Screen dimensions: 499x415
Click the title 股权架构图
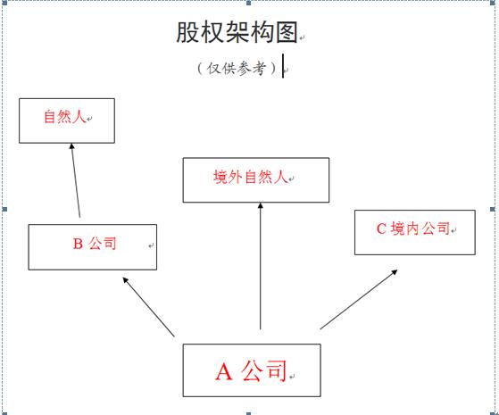coord(237,32)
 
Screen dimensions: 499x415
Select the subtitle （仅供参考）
coord(237,68)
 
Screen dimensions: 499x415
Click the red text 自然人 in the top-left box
coord(65,117)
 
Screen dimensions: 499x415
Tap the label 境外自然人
coord(251,177)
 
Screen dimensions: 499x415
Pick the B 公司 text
coord(95,244)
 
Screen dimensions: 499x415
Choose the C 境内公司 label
coord(413,228)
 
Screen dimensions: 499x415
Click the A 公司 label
coord(251,370)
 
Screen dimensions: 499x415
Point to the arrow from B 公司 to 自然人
coord(76,180)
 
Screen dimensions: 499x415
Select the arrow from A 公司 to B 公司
coord(148,307)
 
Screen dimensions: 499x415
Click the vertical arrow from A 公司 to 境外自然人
coord(261,266)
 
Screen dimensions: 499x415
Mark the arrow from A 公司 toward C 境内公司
coord(359,299)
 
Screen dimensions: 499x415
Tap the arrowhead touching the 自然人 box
coord(72,146)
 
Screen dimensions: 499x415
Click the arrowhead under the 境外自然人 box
coord(261,205)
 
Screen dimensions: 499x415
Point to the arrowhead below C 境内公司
coord(395,272)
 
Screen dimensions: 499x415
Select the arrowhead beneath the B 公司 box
coord(125,280)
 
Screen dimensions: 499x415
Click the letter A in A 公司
coord(224,372)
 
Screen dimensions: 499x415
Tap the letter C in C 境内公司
coord(381,228)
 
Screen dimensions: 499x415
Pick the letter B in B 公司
coord(78,245)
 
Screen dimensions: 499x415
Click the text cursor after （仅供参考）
coord(283,66)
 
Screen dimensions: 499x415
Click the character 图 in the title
coord(287,32)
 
